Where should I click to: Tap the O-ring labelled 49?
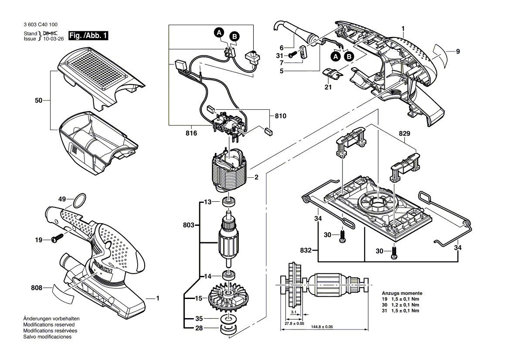pyautogui.click(x=78, y=202)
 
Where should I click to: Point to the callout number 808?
pyautogui.click(x=37, y=288)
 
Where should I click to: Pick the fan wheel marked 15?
pyautogui.click(x=228, y=299)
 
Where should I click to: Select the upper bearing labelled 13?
pyautogui.click(x=228, y=202)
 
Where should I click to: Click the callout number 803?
pyautogui.click(x=188, y=225)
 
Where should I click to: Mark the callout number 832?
pyautogui.click(x=306, y=251)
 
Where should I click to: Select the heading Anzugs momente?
pyautogui.click(x=402, y=293)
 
